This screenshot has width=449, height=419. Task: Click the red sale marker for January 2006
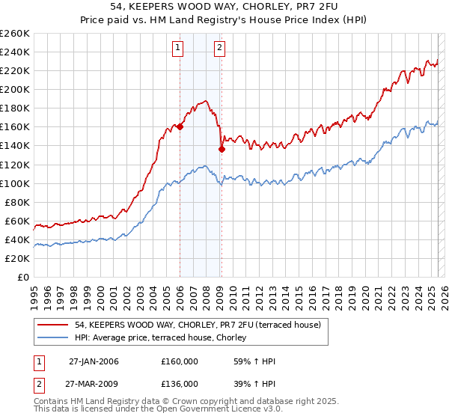pyautogui.click(x=180, y=127)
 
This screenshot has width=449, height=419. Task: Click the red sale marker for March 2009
pyautogui.click(x=222, y=149)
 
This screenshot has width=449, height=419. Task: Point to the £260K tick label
pyautogui.click(x=15, y=34)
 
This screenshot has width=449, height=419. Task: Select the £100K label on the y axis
pyautogui.click(x=15, y=183)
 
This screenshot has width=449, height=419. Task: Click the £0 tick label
pyautogui.click(x=23, y=277)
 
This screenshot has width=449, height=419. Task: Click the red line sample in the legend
pyautogui.click(x=54, y=325)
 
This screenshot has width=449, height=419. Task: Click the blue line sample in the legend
pyautogui.click(x=54, y=338)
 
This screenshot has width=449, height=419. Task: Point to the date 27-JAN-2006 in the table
pyautogui.click(x=94, y=361)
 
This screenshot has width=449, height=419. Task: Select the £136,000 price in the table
pyautogui.click(x=180, y=384)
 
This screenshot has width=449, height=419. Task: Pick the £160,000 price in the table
pyautogui.click(x=180, y=361)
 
